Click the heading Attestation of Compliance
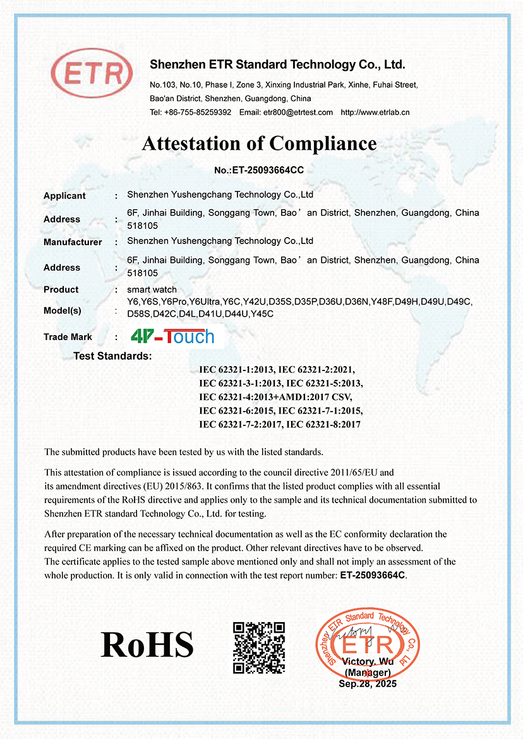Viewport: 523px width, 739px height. click(x=260, y=144)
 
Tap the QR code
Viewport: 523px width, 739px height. click(x=259, y=647)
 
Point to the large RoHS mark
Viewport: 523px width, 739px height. click(x=147, y=644)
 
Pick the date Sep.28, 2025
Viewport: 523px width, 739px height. click(x=368, y=684)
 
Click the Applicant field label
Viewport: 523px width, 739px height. click(x=64, y=196)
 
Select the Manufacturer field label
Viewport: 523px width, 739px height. click(x=73, y=242)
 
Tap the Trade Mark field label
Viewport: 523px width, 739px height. click(x=68, y=337)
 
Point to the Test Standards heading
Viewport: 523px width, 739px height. click(x=112, y=356)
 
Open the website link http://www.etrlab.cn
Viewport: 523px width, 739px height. click(x=375, y=113)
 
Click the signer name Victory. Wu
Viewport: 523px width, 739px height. click(x=367, y=661)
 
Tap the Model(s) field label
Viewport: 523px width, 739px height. click(x=63, y=311)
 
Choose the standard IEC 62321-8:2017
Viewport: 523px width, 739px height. click(x=323, y=425)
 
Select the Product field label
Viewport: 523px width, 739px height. click(x=61, y=290)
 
